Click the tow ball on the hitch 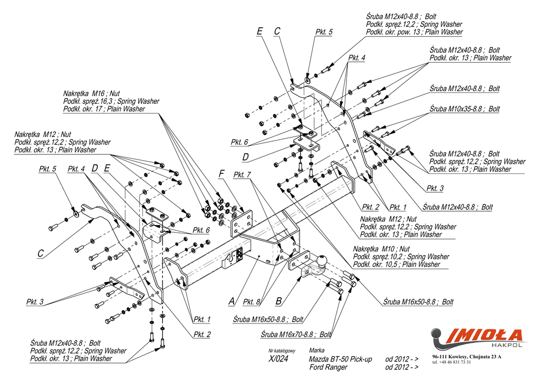pos(322,261)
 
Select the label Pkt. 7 pos(242,174)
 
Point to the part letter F pos(221,173)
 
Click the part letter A pos(231,301)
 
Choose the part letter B pos(278,301)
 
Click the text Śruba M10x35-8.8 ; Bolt pos(465,109)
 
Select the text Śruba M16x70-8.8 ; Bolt pos(296,334)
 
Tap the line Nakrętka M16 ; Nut pos(91,93)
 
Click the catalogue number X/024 pos(278,359)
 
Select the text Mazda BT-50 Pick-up pos(340,359)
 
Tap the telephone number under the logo pos(451,363)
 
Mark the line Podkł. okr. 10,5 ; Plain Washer pos(396,265)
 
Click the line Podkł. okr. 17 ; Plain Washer pos(104,109)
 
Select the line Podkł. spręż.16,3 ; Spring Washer pos(111,101)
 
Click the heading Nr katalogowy pos(282,350)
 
